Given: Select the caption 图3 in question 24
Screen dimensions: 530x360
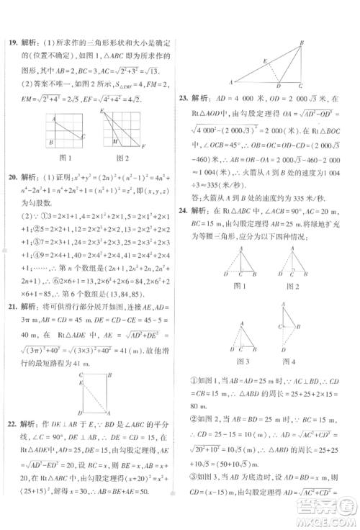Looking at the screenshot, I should click(x=243, y=361).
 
